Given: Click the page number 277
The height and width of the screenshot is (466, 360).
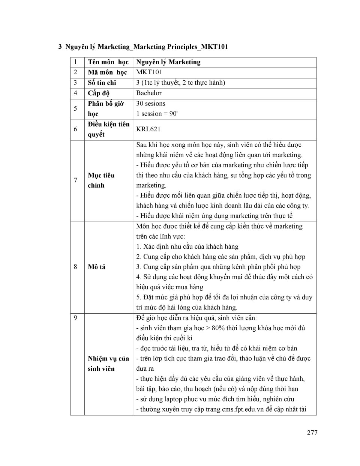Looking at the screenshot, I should click(312, 433).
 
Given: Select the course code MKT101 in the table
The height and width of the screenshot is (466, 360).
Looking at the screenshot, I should click(149, 72).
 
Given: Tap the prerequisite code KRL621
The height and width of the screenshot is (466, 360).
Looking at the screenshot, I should click(148, 129).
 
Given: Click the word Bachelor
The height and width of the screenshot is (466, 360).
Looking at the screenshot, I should click(149, 93).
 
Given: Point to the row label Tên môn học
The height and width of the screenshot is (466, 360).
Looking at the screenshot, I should click(108, 62).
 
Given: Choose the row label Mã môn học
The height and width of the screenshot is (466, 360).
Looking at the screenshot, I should click(107, 72).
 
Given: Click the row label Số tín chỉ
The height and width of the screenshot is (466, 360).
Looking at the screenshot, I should click(102, 83).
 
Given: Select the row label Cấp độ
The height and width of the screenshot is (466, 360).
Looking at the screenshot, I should click(99, 93).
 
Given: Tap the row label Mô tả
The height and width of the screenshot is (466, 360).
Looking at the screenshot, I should click(97, 267).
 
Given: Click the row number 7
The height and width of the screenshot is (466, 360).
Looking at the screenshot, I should click(75, 180).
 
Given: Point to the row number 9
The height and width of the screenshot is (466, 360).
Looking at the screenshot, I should click(75, 318).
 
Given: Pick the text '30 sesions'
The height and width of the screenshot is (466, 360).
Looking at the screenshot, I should click(151, 104).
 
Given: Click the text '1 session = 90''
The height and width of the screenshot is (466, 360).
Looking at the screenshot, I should click(157, 114).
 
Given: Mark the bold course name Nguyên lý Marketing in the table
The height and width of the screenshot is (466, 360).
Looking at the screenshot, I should click(168, 62).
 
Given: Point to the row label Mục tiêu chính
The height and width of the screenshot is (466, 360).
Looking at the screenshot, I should click(101, 180).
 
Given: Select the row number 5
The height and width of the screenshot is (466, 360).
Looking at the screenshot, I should click(75, 108).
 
